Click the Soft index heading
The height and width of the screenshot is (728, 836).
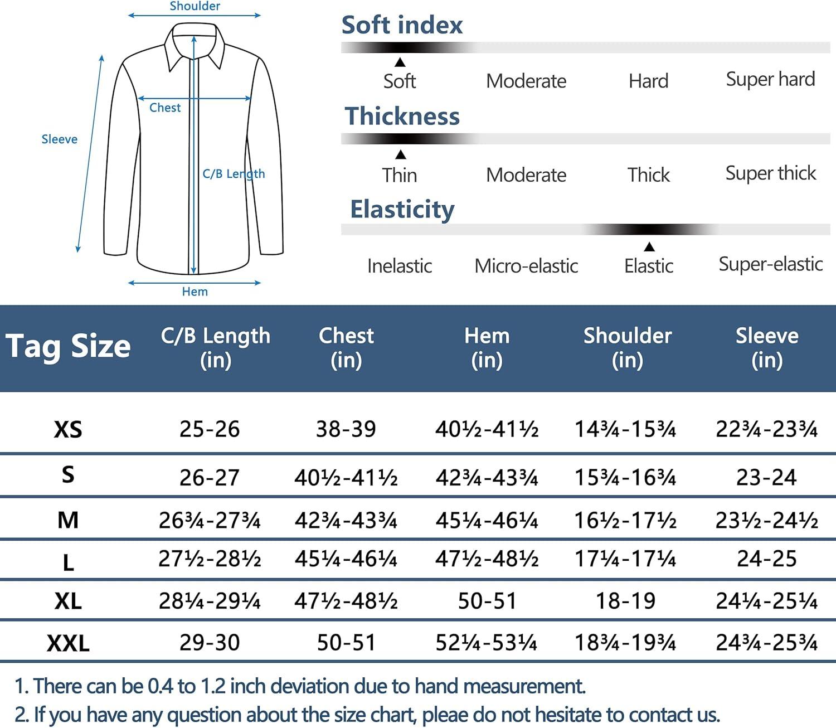(x=402, y=25)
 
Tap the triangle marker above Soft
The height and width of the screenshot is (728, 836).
(x=400, y=62)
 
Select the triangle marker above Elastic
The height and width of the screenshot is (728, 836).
(x=649, y=247)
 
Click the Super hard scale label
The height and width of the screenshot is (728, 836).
(x=770, y=79)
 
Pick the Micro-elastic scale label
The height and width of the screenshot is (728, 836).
(x=526, y=266)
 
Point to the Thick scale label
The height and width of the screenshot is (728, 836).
(x=648, y=175)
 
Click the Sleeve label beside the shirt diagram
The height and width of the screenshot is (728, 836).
(x=59, y=139)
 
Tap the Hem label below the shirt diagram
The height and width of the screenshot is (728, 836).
(x=195, y=292)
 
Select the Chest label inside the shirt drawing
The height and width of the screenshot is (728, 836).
(x=165, y=108)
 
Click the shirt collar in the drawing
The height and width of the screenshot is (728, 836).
(x=195, y=45)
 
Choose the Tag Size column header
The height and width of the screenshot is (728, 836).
(x=68, y=347)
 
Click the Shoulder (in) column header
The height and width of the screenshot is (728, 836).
(x=627, y=347)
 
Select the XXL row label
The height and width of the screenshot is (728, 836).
(x=68, y=643)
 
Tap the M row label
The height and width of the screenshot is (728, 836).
(x=68, y=520)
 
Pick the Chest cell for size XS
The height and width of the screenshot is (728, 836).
(x=346, y=429)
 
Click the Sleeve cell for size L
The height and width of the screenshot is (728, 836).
(x=766, y=559)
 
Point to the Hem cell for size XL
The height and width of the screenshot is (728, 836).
(x=487, y=601)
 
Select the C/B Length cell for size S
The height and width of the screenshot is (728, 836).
(x=209, y=478)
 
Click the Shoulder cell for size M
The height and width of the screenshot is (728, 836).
(x=625, y=520)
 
